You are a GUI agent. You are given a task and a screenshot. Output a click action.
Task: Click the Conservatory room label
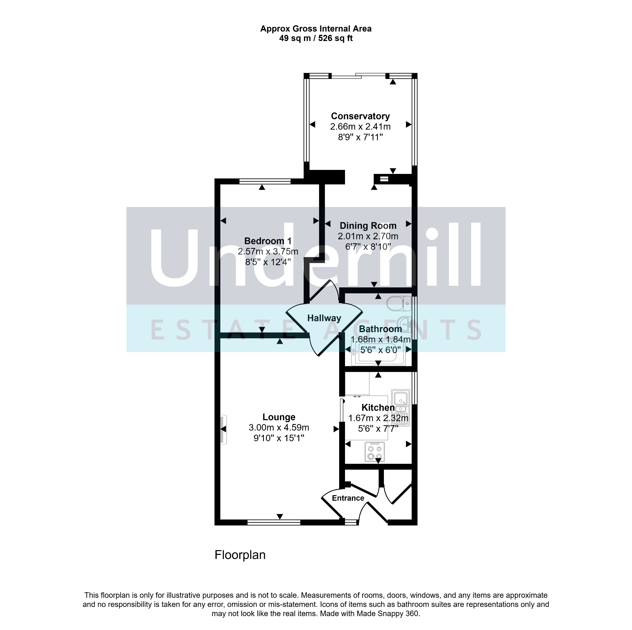(360, 116)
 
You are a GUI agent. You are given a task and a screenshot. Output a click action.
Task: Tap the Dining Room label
(368, 226)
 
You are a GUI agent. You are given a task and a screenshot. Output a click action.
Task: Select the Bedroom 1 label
(268, 241)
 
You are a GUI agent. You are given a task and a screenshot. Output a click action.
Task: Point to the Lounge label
(279, 417)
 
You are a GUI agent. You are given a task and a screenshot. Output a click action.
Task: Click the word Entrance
(348, 498)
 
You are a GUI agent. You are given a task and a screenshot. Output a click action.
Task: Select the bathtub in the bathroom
(378, 352)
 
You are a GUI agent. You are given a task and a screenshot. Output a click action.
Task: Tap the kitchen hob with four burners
(375, 452)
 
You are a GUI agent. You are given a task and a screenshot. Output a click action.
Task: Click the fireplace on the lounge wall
(224, 429)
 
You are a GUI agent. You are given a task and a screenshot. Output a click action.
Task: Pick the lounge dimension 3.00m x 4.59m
(279, 427)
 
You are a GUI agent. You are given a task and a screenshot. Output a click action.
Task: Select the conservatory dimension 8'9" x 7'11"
(360, 137)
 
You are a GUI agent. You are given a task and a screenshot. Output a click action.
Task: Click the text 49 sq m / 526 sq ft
(316, 38)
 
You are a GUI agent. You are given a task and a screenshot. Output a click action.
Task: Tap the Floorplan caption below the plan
(240, 555)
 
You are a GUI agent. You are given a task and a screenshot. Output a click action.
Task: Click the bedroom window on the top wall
(265, 181)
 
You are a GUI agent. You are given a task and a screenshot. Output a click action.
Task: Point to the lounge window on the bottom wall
(274, 522)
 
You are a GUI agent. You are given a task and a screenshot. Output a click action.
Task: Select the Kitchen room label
(378, 407)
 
